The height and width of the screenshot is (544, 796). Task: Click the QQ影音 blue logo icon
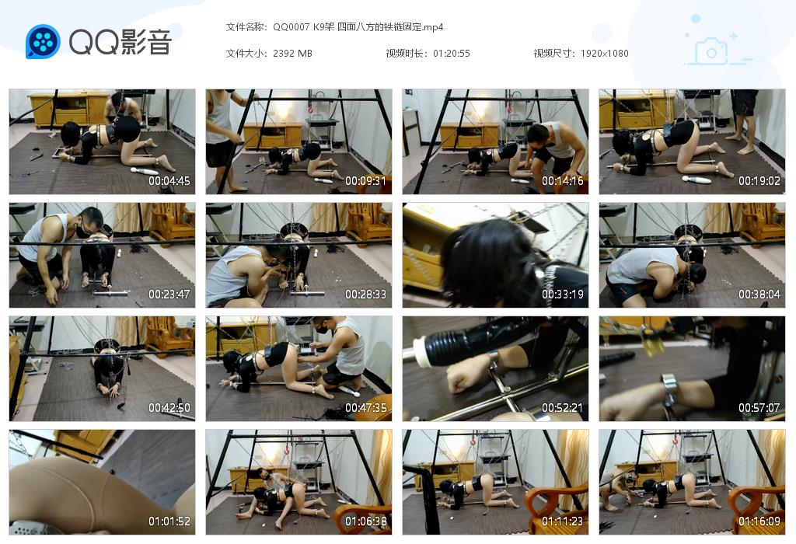click(x=43, y=41)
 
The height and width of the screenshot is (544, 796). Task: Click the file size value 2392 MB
click(x=292, y=54)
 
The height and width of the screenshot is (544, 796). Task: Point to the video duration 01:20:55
click(x=452, y=54)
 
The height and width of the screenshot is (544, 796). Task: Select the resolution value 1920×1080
click(x=604, y=54)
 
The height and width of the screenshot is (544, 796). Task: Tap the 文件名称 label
click(x=246, y=27)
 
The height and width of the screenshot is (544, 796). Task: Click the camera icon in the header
click(x=710, y=51)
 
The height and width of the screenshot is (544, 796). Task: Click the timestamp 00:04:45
click(x=169, y=181)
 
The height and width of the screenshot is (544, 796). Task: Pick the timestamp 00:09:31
click(x=366, y=181)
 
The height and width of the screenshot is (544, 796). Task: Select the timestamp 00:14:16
click(x=563, y=181)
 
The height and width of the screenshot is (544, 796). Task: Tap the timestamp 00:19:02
click(x=759, y=181)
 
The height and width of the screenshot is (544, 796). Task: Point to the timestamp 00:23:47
click(x=169, y=295)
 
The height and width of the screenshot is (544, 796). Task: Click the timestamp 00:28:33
click(x=366, y=295)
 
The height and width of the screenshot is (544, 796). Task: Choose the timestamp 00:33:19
click(x=563, y=295)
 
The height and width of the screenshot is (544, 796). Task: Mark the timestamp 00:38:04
click(x=759, y=295)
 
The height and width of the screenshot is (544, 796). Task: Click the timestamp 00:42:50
click(x=169, y=408)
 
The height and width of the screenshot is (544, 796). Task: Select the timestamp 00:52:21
click(x=563, y=408)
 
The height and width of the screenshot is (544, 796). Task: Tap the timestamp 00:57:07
click(x=759, y=408)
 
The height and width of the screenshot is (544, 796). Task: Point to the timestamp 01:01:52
click(x=169, y=521)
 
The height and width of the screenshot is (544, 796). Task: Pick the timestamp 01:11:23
click(x=563, y=521)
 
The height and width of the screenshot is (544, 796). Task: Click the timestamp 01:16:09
click(x=759, y=521)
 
